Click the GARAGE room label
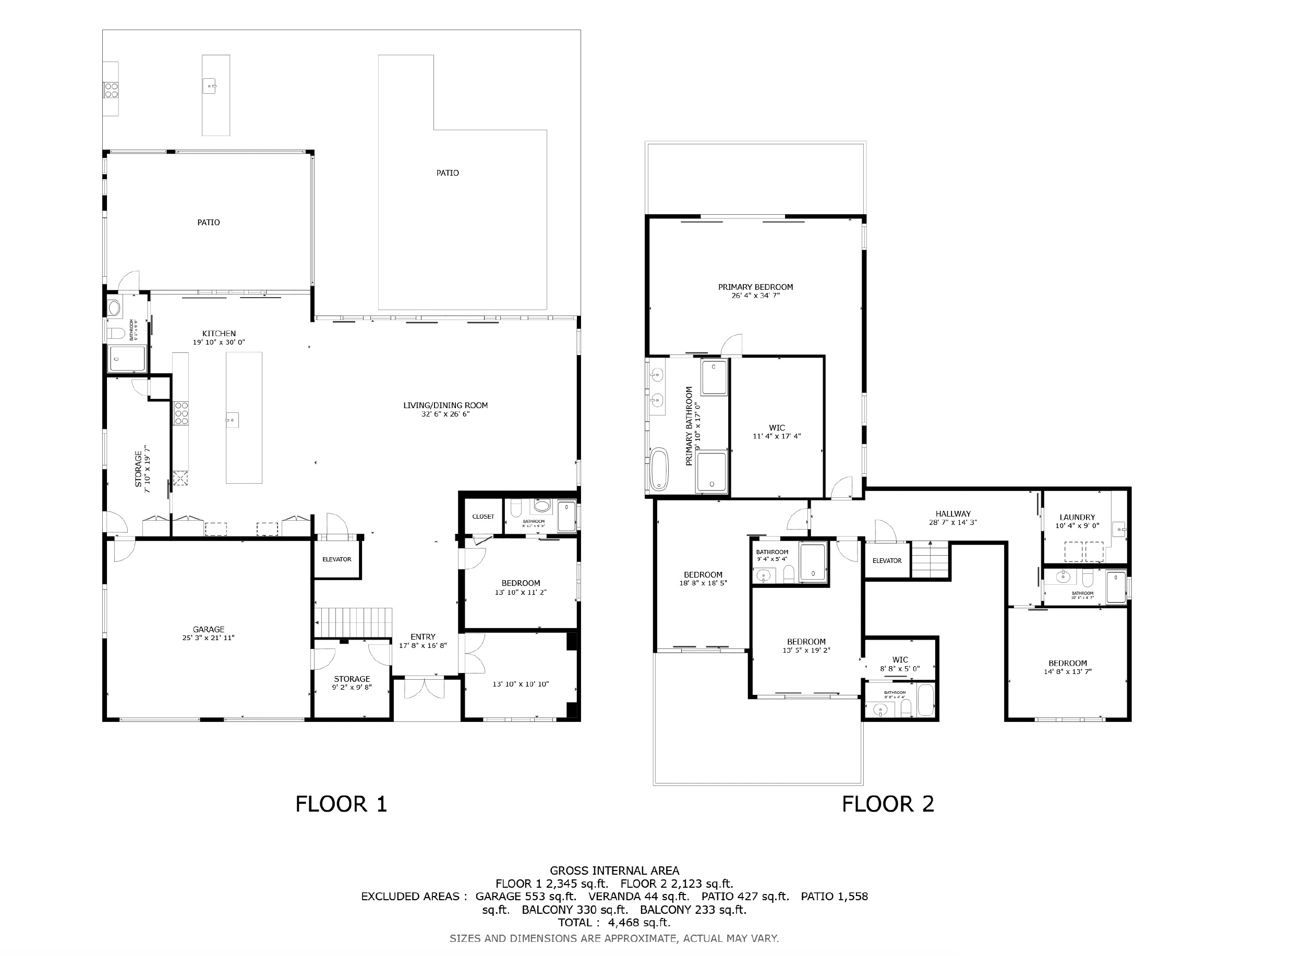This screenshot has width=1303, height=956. coord(209,629)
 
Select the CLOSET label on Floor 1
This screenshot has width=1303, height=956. coord(483,517)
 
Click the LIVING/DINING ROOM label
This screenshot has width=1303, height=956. coord(445,405)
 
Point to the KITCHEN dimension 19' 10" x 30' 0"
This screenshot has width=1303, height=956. coord(219,342)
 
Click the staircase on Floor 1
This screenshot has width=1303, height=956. coord(353,622)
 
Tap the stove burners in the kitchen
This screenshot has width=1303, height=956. coord(181,413)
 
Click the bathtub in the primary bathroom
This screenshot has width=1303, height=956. coord(659,469)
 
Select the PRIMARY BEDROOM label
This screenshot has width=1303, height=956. coord(755,287)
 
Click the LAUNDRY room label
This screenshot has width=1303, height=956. coord(1077,517)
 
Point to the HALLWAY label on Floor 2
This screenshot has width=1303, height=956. coord(952,513)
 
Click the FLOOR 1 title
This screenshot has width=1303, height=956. coord(341,804)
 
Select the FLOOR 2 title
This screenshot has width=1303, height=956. coord(888,804)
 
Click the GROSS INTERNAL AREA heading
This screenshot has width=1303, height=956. coord(614,871)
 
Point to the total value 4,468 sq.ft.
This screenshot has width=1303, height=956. coord(639,923)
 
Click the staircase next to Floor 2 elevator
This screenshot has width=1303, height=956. coord(931,560)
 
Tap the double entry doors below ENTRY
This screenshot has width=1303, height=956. coord(424,689)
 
